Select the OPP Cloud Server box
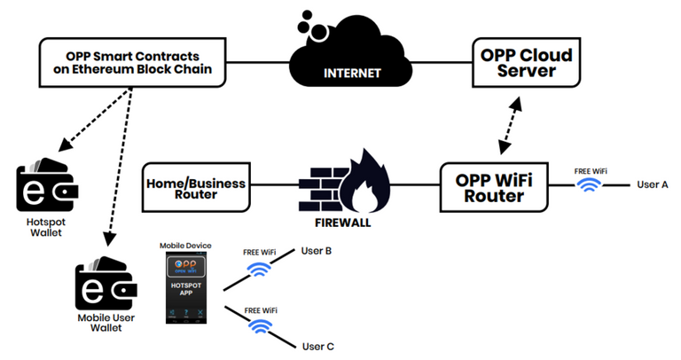(x=527, y=64)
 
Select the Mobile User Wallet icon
(x=105, y=283)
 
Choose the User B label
(x=317, y=252)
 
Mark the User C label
(x=317, y=347)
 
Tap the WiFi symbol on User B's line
(x=259, y=268)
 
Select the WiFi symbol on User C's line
(x=259, y=325)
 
